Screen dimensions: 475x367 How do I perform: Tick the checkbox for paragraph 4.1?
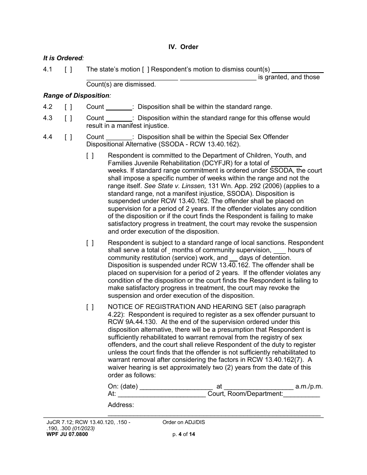tap(68, 70)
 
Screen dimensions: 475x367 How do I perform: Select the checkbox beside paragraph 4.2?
tap(68, 107)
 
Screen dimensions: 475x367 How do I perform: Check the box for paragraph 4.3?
tap(68, 118)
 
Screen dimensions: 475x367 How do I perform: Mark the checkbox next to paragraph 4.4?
tap(68, 137)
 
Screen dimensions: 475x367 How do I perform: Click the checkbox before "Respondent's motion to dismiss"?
tap(146, 70)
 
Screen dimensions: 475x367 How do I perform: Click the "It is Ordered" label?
tap(63, 58)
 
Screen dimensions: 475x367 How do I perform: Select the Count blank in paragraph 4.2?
tap(119, 107)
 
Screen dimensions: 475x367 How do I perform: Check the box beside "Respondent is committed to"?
tap(90, 156)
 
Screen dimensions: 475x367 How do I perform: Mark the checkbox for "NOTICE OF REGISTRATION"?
tap(90, 307)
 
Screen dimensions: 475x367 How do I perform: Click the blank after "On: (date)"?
tap(176, 387)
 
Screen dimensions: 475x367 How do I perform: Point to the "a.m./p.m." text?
tap(309, 386)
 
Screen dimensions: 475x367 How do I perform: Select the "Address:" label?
tap(121, 405)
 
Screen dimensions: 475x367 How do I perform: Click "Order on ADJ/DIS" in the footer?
tap(184, 422)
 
